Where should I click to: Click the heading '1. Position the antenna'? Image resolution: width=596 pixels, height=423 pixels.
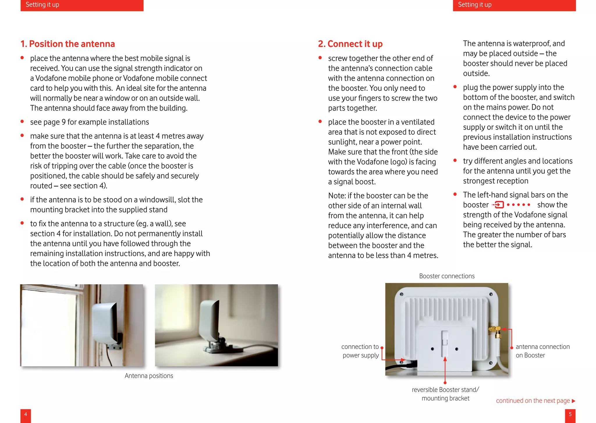pyautogui.click(x=68, y=44)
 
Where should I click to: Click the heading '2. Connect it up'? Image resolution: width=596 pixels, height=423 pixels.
pyautogui.click(x=350, y=44)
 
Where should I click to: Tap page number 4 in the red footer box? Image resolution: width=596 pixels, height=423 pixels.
pyautogui.click(x=26, y=414)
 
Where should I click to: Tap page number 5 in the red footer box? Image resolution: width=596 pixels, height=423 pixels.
pyautogui.click(x=570, y=414)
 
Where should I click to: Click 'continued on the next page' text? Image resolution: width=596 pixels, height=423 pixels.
pyautogui.click(x=533, y=401)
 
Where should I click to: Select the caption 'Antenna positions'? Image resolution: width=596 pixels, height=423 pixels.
pyautogui.click(x=149, y=376)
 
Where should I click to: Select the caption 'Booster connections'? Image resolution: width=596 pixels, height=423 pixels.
pyautogui.click(x=447, y=276)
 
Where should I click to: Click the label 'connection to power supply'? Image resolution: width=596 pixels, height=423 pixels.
pyautogui.click(x=360, y=351)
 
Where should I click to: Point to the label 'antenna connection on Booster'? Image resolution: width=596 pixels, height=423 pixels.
pyautogui.click(x=542, y=351)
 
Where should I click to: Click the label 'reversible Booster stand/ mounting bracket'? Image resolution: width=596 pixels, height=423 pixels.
pyautogui.click(x=445, y=394)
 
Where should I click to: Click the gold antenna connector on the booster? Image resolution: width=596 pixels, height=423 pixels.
pyautogui.click(x=495, y=330)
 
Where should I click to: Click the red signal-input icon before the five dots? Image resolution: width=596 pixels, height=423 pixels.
pyautogui.click(x=499, y=205)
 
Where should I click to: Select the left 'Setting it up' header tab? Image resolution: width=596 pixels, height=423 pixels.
pyautogui.click(x=82, y=5)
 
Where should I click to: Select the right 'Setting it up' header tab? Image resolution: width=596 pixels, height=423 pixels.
pyautogui.click(x=514, y=5)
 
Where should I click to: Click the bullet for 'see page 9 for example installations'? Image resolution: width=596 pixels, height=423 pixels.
pyautogui.click(x=22, y=122)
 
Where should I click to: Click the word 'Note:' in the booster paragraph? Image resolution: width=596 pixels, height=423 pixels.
pyautogui.click(x=337, y=196)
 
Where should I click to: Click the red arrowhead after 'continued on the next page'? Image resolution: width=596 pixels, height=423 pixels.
pyautogui.click(x=574, y=401)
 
